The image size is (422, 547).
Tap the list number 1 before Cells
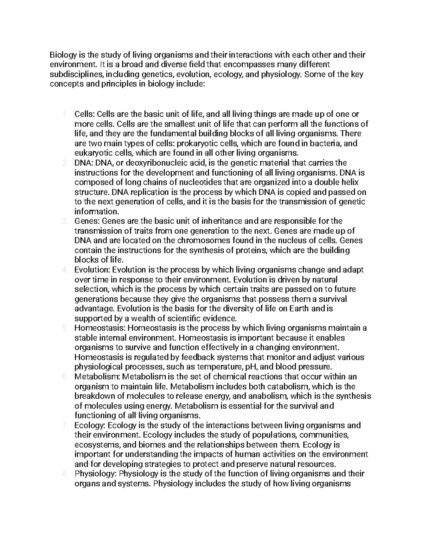64,114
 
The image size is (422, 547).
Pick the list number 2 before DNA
64,163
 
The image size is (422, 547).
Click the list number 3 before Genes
64,221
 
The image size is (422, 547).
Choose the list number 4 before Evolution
64,270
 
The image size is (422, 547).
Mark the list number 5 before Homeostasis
64,328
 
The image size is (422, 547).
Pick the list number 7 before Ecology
64,425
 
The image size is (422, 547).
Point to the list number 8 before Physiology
64,474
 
